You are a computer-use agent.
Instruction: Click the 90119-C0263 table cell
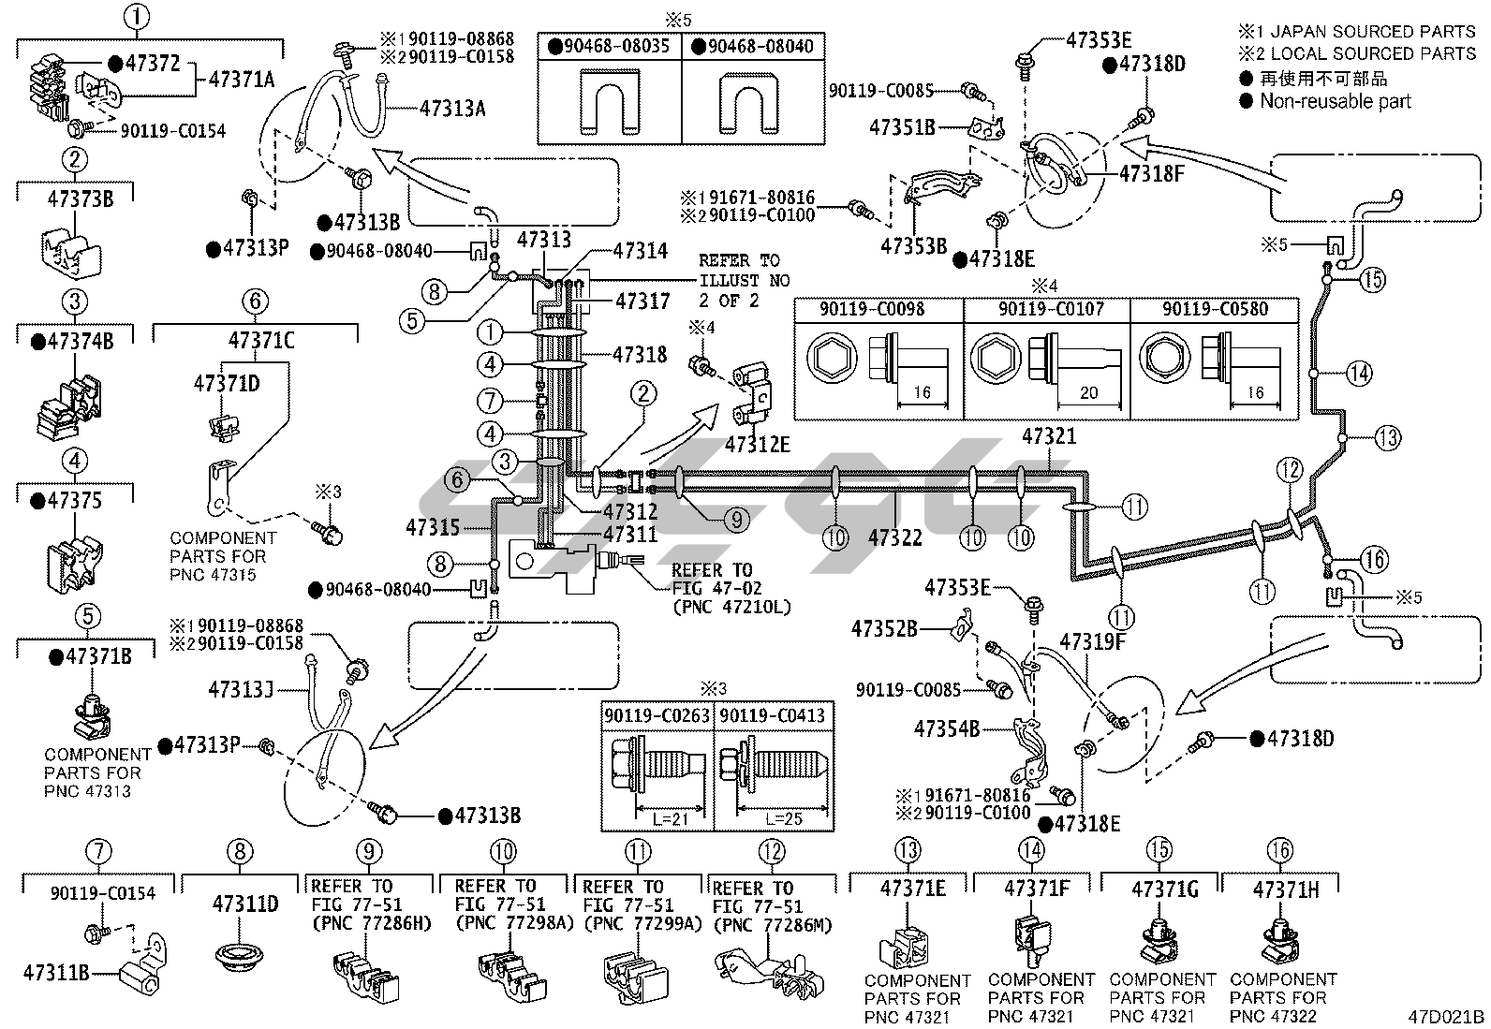(x=657, y=716)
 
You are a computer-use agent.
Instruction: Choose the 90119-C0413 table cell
(x=773, y=716)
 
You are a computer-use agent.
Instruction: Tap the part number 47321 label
(x=1049, y=436)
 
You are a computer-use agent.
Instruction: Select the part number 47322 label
(x=894, y=537)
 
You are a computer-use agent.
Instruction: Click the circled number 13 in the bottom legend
(x=908, y=851)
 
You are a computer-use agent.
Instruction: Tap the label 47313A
(x=452, y=109)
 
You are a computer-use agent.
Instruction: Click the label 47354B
(x=947, y=728)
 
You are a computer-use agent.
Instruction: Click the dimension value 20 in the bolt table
(x=1088, y=393)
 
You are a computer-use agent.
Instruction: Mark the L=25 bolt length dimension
(x=774, y=818)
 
